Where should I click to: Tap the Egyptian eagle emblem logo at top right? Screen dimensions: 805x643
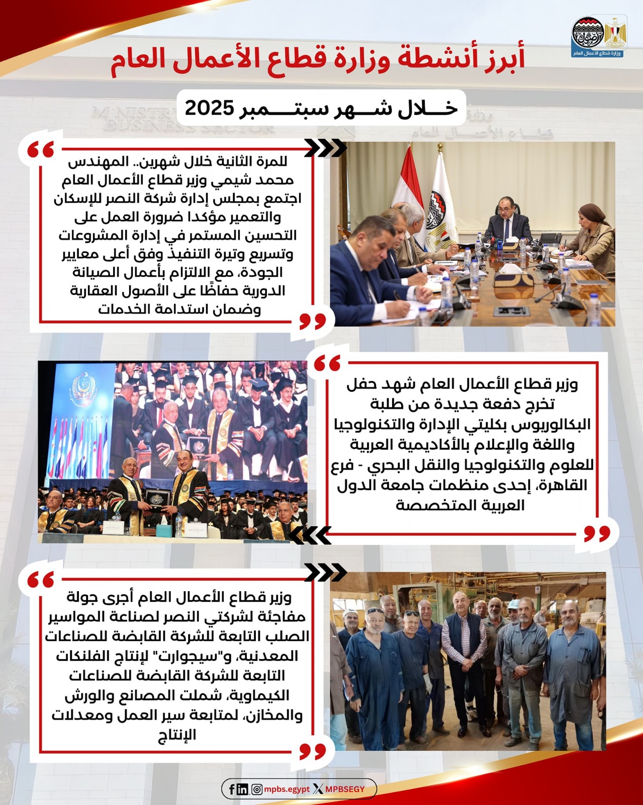click(615, 33)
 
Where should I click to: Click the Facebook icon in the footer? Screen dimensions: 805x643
click(232, 789)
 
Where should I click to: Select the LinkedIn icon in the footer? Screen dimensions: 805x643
click(242, 789)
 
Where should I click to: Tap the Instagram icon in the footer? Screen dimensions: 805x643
click(256, 789)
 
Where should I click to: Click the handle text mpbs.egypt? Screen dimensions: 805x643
click(287, 789)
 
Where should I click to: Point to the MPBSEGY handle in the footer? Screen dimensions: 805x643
click(345, 789)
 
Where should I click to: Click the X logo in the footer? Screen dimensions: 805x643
click(318, 789)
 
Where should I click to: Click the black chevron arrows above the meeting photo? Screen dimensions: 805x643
click(326, 148)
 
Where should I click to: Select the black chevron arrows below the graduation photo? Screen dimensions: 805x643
click(311, 535)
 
